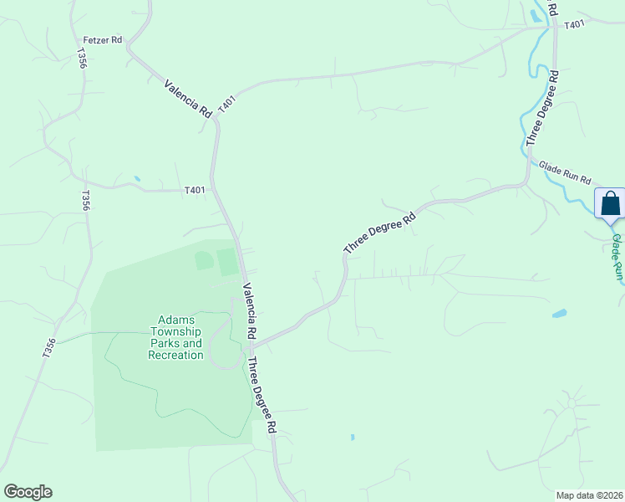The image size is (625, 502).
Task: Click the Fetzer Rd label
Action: tap(103, 39)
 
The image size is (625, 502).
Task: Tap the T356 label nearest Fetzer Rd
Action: tap(82, 59)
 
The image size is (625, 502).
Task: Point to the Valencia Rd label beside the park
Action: tap(249, 311)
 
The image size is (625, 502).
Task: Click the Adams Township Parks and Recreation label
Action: tap(175, 337)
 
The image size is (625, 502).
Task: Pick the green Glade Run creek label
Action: tap(617, 257)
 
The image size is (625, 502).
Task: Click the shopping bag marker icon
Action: tap(610, 203)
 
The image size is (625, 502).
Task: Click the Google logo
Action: tap(28, 492)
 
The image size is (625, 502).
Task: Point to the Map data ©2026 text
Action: tap(588, 494)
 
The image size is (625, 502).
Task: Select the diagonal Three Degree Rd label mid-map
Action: tap(379, 233)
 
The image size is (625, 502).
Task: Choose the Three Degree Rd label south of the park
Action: tap(262, 395)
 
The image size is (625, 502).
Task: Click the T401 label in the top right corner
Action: tap(573, 25)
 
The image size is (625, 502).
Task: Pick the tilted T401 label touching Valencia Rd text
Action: tap(227, 105)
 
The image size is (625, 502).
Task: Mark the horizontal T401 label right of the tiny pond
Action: tap(194, 191)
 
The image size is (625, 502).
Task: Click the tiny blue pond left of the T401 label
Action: tap(136, 178)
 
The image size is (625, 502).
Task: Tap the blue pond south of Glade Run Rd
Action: tap(559, 314)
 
